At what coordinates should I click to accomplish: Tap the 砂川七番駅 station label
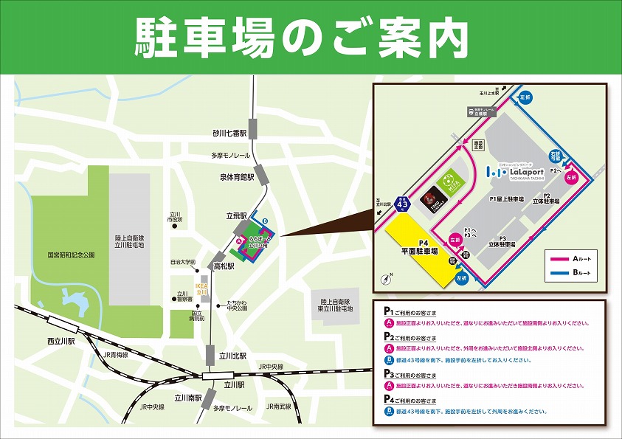point(227,134)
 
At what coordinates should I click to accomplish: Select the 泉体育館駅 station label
point(236,178)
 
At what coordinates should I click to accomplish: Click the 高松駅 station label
point(224,266)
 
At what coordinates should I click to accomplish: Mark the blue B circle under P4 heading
point(389,410)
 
